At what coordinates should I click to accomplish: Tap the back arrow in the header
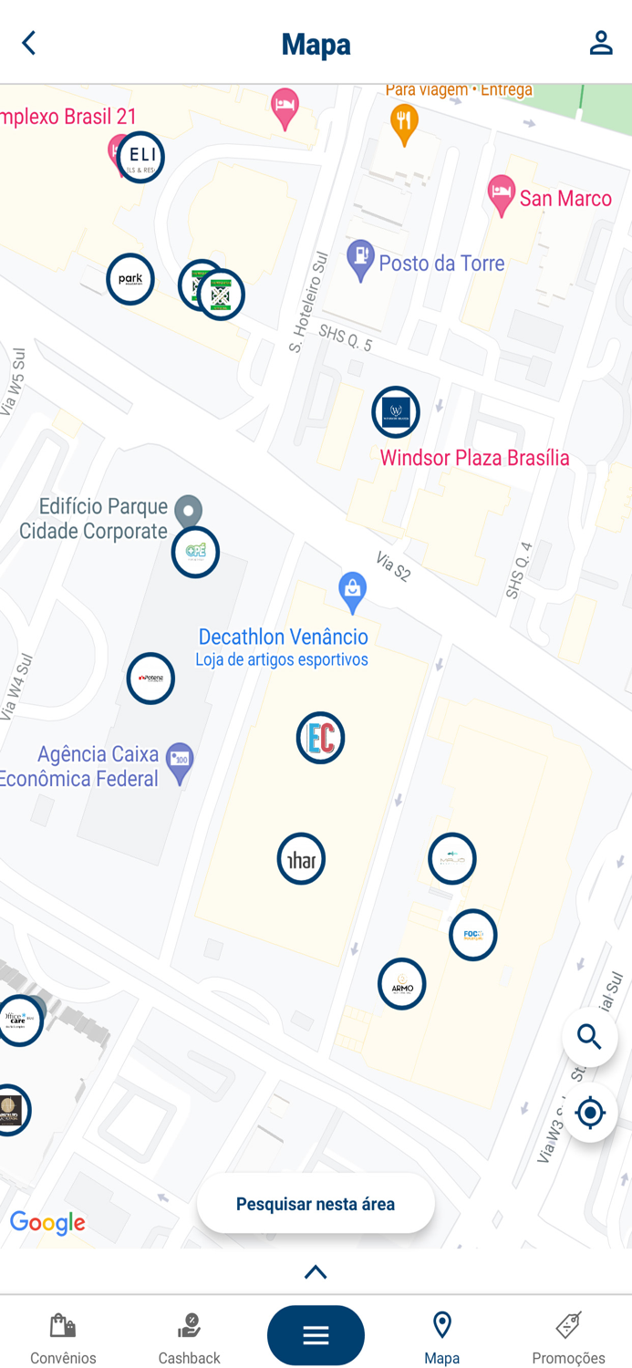29,43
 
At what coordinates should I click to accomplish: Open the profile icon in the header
600,43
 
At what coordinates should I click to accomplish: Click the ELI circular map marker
140,157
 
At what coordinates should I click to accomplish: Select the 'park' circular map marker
130,279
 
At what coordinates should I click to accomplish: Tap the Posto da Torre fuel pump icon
361,261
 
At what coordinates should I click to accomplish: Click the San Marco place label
565,199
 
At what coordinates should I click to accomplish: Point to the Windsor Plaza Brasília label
474,458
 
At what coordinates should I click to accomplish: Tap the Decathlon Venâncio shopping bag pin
352,591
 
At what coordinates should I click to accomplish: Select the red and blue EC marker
320,738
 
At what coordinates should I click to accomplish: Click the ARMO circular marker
401,984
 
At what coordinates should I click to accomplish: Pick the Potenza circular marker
150,679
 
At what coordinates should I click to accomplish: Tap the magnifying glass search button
590,1037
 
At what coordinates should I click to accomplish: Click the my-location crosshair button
590,1113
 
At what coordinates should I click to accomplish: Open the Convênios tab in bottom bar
63,1337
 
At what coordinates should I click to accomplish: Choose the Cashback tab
189,1337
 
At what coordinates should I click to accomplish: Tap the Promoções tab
568,1337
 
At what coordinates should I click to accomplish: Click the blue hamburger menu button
316,1335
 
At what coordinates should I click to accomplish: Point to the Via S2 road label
393,566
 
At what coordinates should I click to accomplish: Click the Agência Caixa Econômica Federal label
98,766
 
